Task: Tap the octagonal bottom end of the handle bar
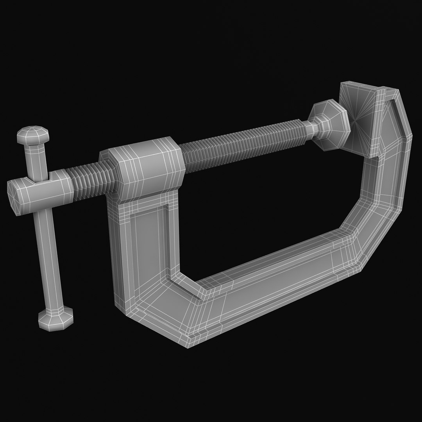point(55,318)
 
